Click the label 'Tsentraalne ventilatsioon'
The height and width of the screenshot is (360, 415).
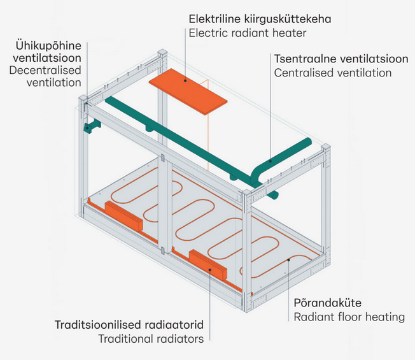(x=341, y=59)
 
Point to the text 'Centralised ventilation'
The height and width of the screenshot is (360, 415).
(x=333, y=73)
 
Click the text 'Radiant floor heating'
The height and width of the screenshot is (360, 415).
(x=349, y=317)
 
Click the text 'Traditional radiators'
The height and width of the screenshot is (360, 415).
(x=151, y=339)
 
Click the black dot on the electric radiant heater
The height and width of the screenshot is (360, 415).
(x=185, y=80)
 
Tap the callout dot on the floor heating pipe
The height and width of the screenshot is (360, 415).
(x=290, y=259)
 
